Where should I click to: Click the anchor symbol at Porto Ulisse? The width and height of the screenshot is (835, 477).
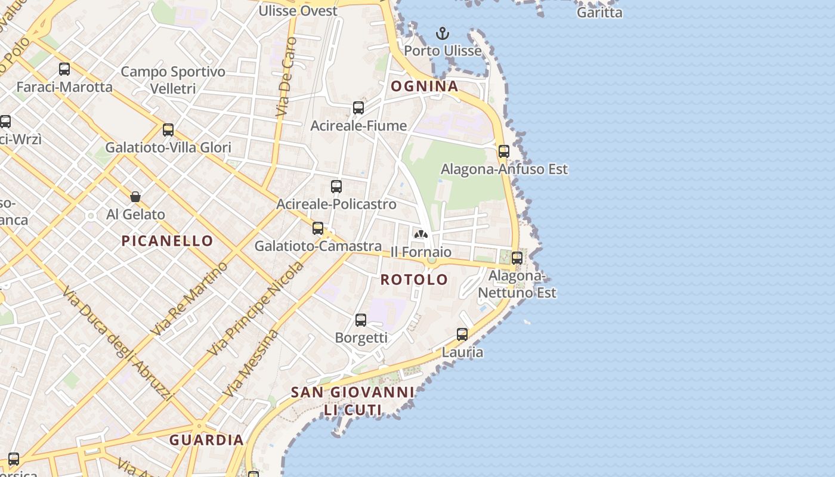click(442, 33)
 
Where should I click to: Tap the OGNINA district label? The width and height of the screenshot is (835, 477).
click(425, 86)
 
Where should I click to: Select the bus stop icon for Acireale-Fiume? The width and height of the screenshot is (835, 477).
click(358, 108)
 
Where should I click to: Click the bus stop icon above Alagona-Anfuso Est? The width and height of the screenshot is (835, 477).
click(504, 151)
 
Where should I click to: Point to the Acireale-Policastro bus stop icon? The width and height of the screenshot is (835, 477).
click(336, 187)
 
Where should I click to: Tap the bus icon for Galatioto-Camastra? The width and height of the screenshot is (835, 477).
click(318, 228)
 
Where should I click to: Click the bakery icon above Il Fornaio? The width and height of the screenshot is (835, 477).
click(421, 234)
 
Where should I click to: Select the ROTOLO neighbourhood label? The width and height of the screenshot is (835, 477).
click(414, 280)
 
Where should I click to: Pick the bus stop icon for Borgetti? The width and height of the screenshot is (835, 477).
click(361, 320)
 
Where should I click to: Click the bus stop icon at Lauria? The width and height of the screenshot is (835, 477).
click(462, 334)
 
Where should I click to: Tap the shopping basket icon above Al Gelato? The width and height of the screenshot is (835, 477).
click(135, 197)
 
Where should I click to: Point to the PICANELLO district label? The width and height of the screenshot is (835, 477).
click(167, 241)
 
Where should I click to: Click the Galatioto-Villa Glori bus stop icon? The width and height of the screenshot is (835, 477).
click(168, 130)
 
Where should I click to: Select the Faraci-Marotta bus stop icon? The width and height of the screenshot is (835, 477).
click(64, 69)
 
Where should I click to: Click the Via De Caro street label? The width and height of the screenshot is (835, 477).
click(287, 77)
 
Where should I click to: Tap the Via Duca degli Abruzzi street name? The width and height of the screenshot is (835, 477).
click(117, 344)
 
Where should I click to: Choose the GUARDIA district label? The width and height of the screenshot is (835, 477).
click(206, 441)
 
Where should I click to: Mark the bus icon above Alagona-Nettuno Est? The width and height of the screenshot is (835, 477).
click(517, 258)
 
